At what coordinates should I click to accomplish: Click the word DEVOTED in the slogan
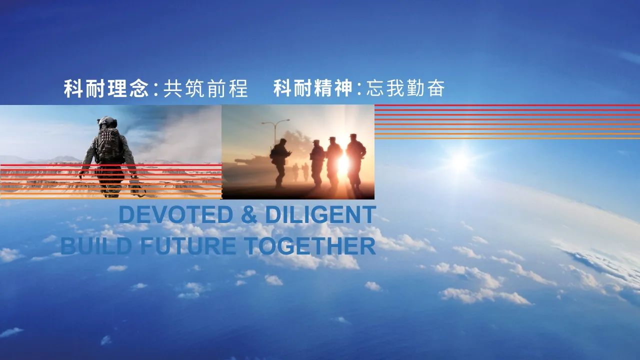click(x=176, y=214)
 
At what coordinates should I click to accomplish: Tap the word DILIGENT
click(x=320, y=214)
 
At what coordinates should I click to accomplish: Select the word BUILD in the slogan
click(x=96, y=246)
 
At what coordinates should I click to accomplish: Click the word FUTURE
click(x=188, y=246)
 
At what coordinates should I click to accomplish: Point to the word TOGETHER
click(x=310, y=246)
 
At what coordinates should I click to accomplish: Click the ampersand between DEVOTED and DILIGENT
click(x=249, y=214)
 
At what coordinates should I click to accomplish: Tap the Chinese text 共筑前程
click(x=205, y=88)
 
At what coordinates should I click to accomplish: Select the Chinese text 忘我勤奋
click(x=405, y=88)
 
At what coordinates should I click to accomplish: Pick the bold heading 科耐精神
click(x=313, y=88)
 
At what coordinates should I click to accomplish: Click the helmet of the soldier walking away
click(x=107, y=122)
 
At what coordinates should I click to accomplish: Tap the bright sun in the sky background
click(x=460, y=161)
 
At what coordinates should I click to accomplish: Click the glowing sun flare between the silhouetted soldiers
click(x=343, y=164)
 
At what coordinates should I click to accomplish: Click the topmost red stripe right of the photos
click(x=507, y=105)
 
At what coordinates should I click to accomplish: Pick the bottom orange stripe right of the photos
click(x=507, y=138)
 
